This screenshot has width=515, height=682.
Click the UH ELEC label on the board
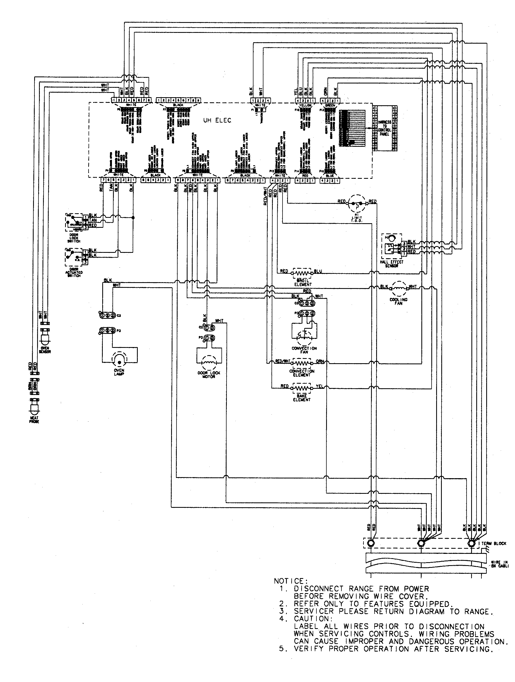217,121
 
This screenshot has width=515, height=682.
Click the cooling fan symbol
398,289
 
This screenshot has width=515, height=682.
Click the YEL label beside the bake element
320,386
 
